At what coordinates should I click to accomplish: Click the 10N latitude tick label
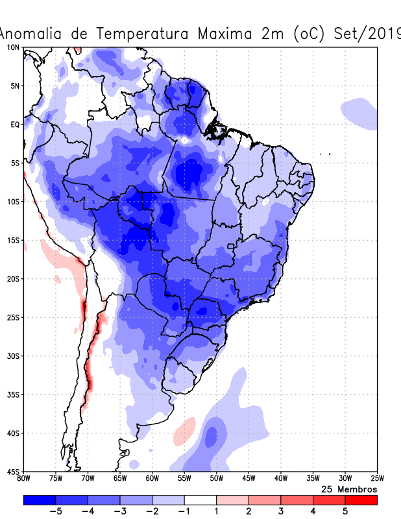[14, 47]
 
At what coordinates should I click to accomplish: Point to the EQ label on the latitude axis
[15, 125]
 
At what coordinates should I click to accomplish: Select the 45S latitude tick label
[13, 471]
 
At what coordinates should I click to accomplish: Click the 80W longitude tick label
[24, 479]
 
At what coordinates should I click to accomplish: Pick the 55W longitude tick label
[184, 479]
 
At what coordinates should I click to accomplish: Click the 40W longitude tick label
[280, 479]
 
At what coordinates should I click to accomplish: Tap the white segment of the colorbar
[200, 500]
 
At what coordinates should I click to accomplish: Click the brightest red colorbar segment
[361, 500]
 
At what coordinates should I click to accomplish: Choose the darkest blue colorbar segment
[39, 500]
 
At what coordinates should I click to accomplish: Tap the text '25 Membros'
[349, 489]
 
